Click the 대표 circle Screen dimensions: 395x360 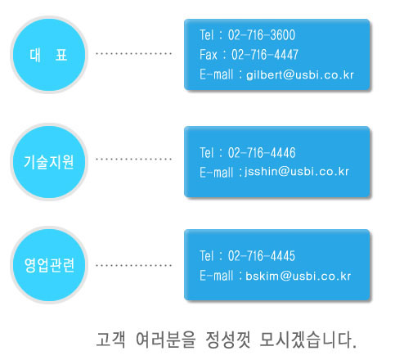point(49,55)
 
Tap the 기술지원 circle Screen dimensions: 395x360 point(49,162)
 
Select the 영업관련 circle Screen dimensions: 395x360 point(49,265)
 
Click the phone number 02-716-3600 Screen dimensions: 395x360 point(262,35)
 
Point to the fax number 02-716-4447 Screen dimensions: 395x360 point(265,55)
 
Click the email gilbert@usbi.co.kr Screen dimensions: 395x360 point(300,75)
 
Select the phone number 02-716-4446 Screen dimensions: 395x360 point(262,153)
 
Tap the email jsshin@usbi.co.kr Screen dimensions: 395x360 point(297,172)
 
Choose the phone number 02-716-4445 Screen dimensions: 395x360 point(262,256)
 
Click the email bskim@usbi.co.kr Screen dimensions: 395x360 point(298,276)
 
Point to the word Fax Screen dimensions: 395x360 point(209,55)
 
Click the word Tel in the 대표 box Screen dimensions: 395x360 point(207,35)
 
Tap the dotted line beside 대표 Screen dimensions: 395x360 point(133,53)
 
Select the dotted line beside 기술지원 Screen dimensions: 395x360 point(133,159)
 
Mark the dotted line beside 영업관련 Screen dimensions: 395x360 point(133,265)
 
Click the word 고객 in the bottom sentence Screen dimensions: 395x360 point(110,340)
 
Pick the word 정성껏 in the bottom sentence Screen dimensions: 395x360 point(228,340)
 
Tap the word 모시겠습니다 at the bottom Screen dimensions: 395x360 point(308,340)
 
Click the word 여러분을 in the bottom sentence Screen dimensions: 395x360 point(165,340)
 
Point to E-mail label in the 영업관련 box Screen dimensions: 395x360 point(217,276)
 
